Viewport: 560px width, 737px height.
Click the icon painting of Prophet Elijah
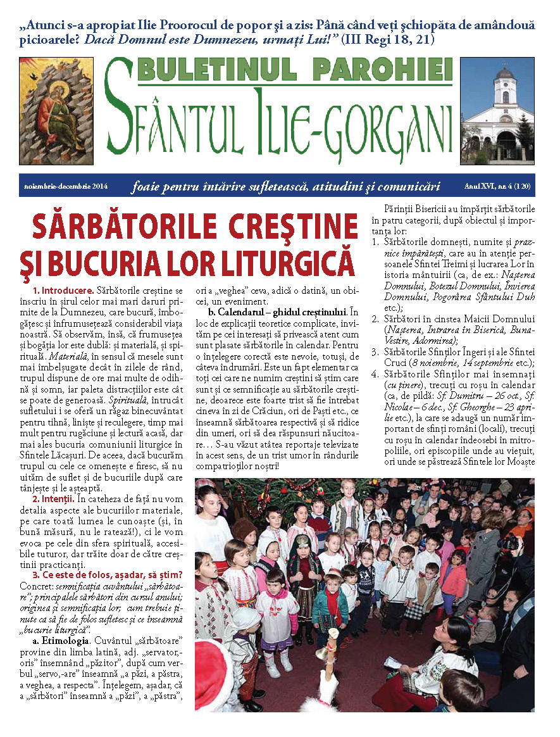point(56,111)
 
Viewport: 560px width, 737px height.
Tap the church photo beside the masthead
point(497,111)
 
